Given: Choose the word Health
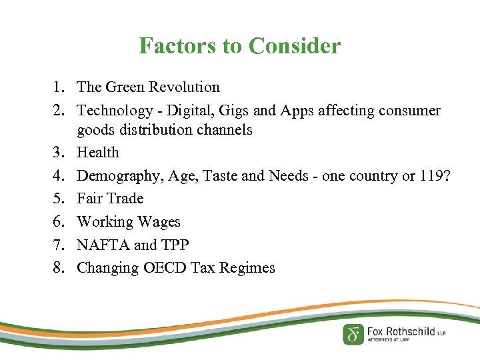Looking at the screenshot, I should tap(98, 153).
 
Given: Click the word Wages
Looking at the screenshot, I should tap(159, 221).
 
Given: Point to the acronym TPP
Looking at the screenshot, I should tap(174, 245).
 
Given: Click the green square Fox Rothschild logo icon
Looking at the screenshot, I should tap(353, 333).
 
